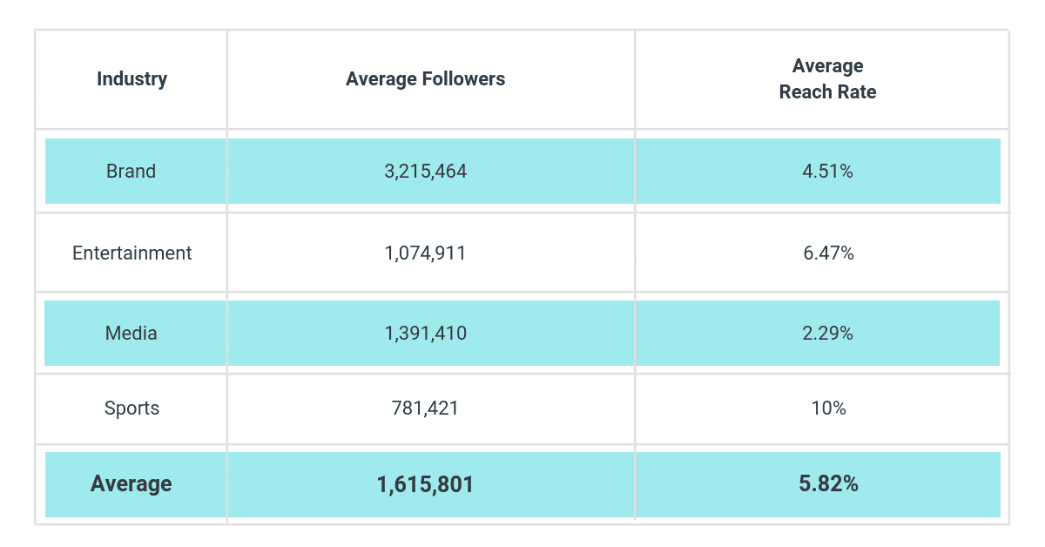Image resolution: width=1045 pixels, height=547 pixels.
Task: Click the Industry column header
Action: click(x=131, y=79)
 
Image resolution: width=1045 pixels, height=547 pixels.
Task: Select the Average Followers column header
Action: click(x=425, y=79)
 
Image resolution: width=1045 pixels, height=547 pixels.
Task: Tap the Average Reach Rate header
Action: click(x=827, y=79)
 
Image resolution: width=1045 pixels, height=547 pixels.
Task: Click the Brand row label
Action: click(x=131, y=172)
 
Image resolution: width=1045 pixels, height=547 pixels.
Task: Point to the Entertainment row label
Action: click(x=131, y=253)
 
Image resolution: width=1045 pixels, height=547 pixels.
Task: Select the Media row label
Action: click(x=131, y=333)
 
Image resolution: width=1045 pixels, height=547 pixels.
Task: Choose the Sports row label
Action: click(x=131, y=408)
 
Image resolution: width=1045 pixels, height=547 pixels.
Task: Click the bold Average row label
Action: click(x=131, y=484)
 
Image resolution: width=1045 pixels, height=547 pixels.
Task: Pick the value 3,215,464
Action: click(x=425, y=172)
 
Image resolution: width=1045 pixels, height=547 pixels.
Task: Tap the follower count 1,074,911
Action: click(x=425, y=253)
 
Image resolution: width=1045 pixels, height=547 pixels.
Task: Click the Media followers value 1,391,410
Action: click(x=425, y=333)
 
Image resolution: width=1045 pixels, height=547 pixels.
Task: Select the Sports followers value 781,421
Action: click(x=425, y=408)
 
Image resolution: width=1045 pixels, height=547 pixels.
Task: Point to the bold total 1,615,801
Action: click(x=425, y=484)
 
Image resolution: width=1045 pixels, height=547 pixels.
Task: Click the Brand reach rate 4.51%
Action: click(x=827, y=172)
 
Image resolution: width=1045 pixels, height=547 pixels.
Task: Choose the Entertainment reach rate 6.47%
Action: click(x=827, y=253)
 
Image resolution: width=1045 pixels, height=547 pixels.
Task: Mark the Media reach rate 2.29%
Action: click(x=827, y=333)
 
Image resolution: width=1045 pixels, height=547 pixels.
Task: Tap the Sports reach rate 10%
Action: click(x=827, y=408)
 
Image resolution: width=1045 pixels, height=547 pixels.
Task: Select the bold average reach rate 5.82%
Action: click(x=827, y=484)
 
